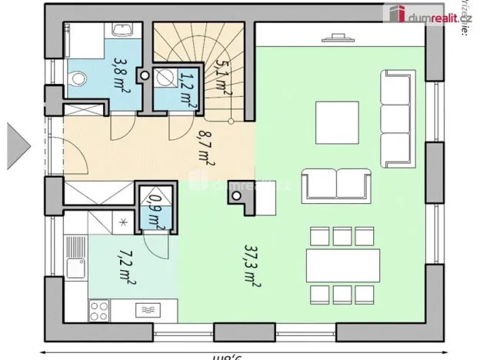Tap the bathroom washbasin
click(122, 31)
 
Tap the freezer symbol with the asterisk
click(124, 223)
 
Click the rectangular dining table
click(342, 267)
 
